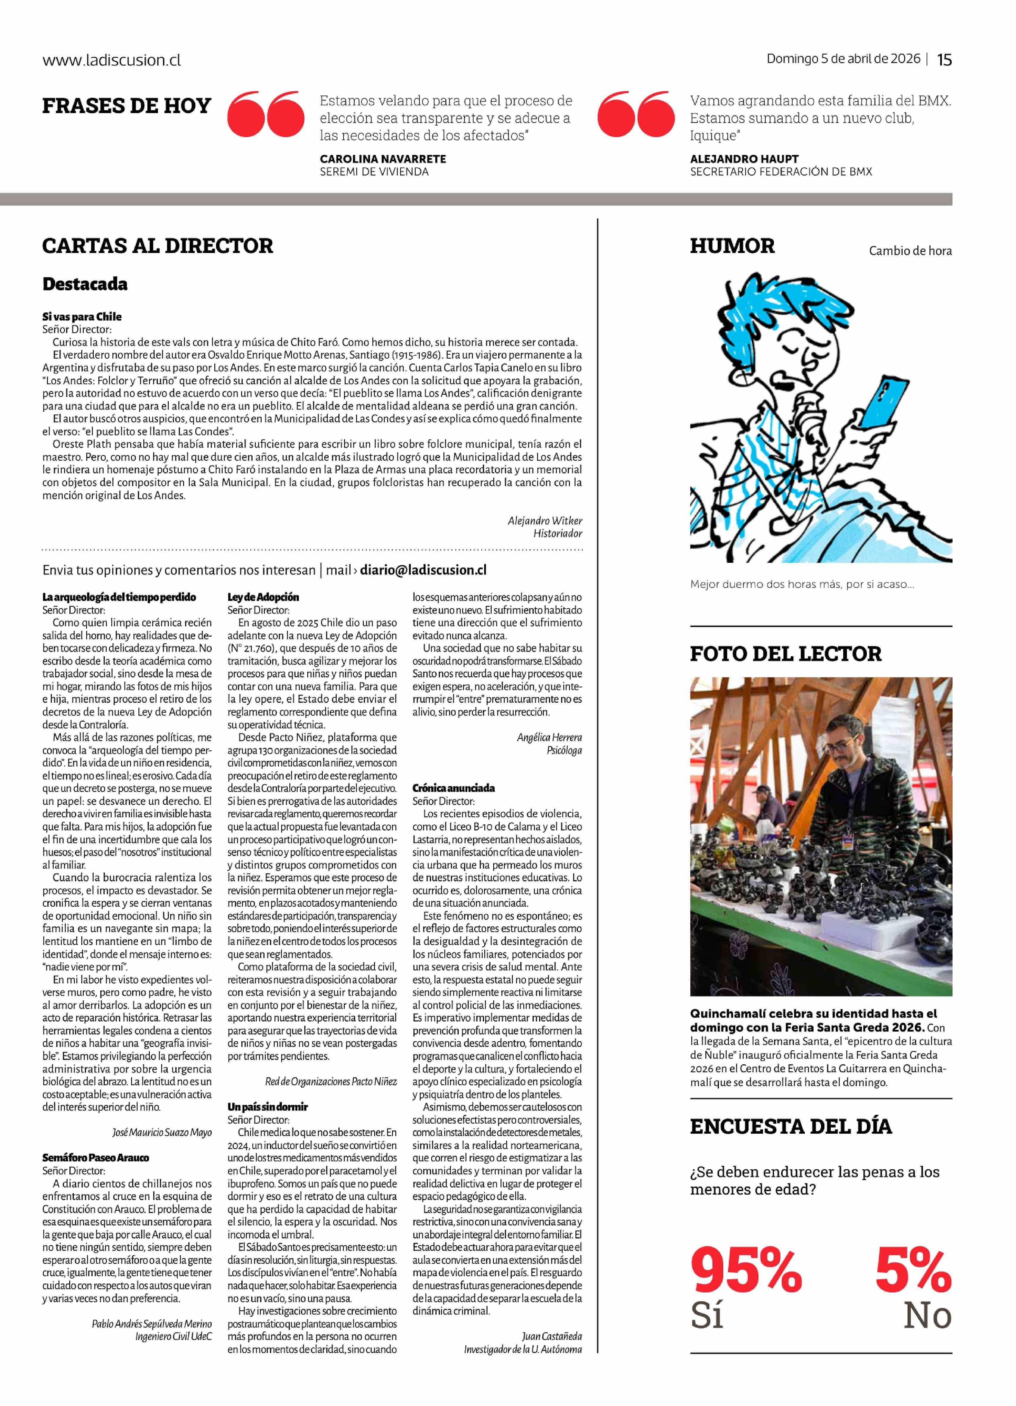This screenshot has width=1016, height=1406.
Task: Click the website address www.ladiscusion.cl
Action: point(112,60)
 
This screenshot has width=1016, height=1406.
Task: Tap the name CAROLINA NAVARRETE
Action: point(383,159)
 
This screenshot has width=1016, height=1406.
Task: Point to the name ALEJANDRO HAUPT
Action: point(744,159)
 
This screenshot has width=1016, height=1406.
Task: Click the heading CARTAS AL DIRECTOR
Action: point(157,246)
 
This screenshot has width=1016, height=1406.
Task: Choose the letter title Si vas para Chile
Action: point(82,317)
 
